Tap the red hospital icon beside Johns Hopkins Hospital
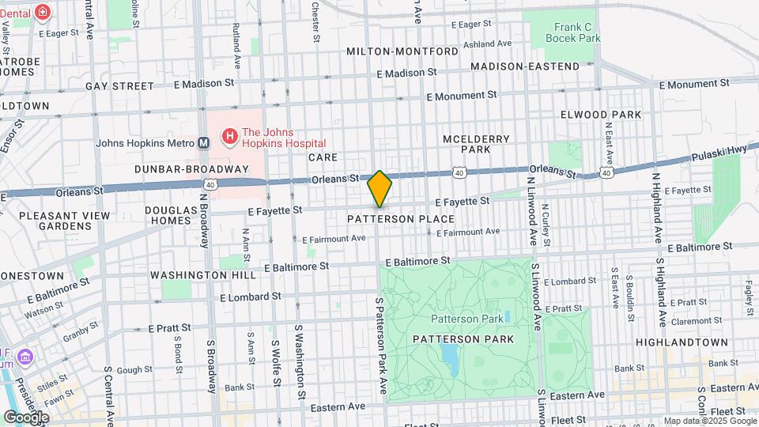229,138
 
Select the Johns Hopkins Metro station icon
203,143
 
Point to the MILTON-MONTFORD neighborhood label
402,51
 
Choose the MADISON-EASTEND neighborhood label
524,66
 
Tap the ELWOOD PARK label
600,115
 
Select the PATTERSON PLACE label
401,219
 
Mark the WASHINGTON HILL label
203,276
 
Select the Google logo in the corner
25,417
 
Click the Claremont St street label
695,322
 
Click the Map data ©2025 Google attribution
708,421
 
